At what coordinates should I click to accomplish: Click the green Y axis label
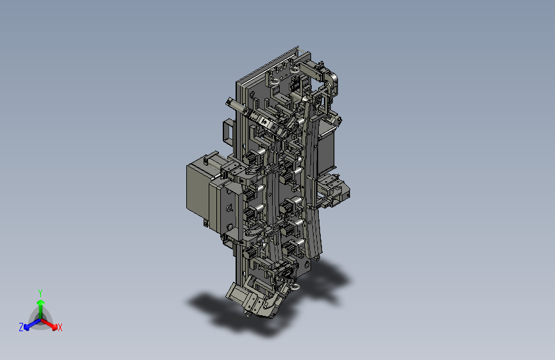[x=40, y=293]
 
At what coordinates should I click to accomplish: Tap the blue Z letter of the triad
[x=21, y=327]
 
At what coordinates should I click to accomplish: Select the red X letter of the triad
[x=60, y=327]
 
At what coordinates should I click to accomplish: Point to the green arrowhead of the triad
[x=41, y=302]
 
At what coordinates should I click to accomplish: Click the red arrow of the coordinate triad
[x=49, y=323]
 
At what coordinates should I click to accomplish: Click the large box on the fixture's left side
[x=198, y=190]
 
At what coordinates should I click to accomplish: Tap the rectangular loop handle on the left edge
[x=228, y=131]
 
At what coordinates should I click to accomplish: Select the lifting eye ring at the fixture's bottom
[x=296, y=286]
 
